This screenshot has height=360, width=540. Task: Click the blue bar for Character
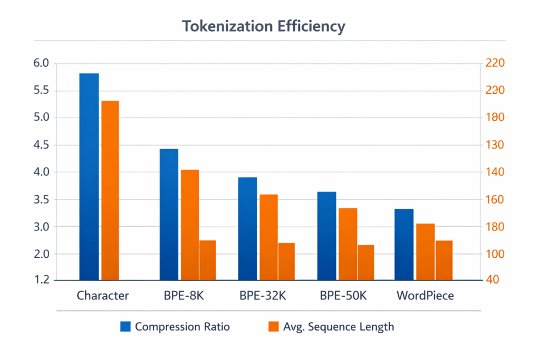pyautogui.click(x=89, y=177)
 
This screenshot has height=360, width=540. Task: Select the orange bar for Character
pyautogui.click(x=110, y=190)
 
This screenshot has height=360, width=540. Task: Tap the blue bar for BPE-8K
pyautogui.click(x=169, y=214)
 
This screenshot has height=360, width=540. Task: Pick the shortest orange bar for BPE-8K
pyautogui.click(x=208, y=260)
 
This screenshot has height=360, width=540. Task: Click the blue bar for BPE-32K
pyautogui.click(x=247, y=228)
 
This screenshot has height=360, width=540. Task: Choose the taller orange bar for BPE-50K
pyautogui.click(x=348, y=244)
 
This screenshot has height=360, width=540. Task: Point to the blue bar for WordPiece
pyautogui.click(x=404, y=244)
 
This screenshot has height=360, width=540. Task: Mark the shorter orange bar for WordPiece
pyautogui.click(x=444, y=260)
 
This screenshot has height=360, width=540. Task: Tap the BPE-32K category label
pyautogui.click(x=263, y=296)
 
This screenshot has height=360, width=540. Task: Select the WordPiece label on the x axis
pyautogui.click(x=425, y=296)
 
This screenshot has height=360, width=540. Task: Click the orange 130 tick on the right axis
pyautogui.click(x=496, y=145)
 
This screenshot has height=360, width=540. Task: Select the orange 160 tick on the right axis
pyautogui.click(x=496, y=200)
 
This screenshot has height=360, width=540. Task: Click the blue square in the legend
pyautogui.click(x=125, y=327)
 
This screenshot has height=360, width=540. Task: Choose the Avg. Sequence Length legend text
pyautogui.click(x=338, y=327)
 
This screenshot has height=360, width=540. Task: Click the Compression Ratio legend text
pyautogui.click(x=182, y=327)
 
